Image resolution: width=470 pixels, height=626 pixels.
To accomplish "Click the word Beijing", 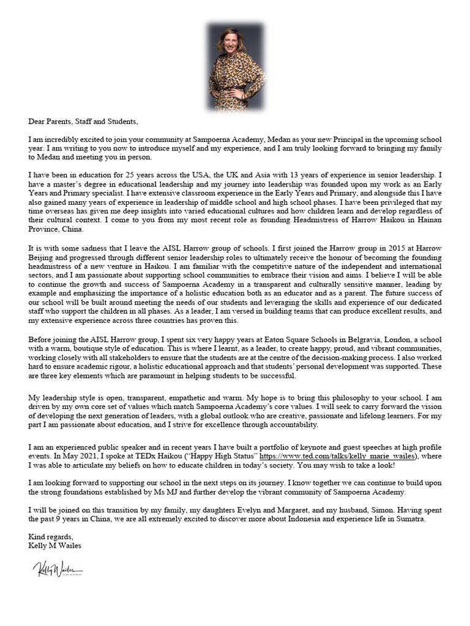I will tap(42, 258).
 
